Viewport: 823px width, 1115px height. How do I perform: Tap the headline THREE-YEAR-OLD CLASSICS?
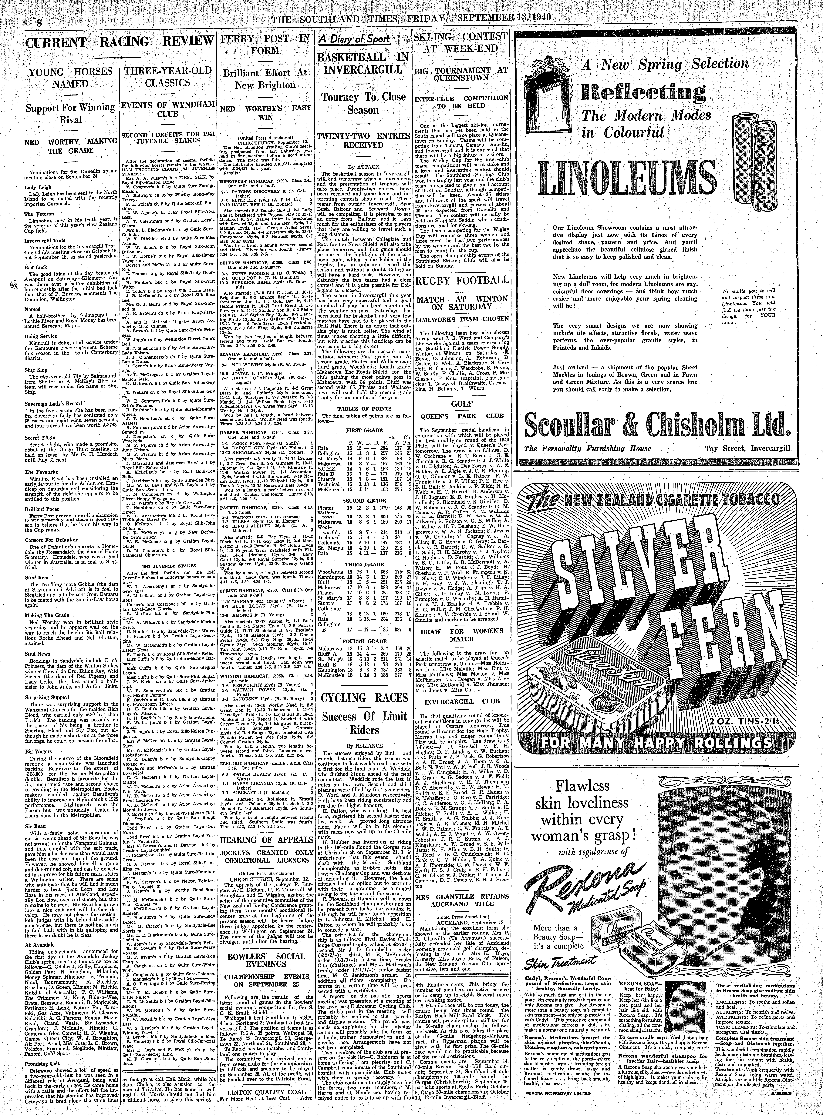(169, 77)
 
